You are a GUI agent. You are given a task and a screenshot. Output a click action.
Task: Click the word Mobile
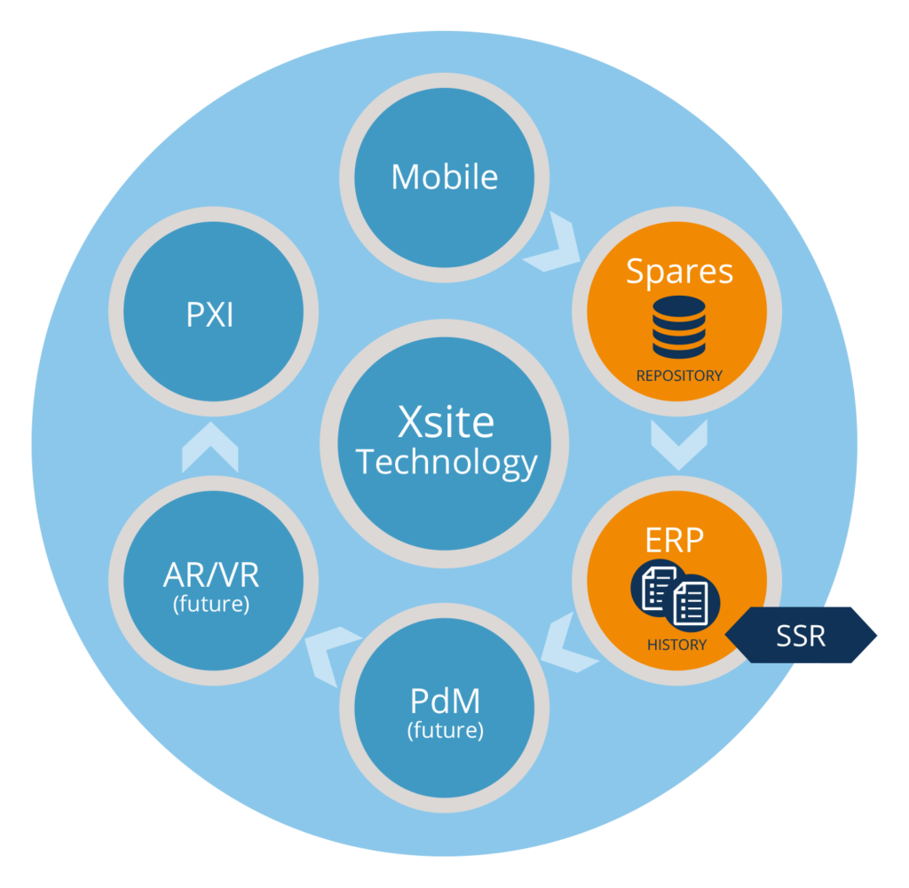click(444, 177)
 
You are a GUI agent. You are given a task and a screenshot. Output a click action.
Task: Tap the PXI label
click(210, 315)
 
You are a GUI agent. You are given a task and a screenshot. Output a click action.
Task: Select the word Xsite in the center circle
click(446, 422)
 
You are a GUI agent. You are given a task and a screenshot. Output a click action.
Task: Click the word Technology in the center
click(447, 464)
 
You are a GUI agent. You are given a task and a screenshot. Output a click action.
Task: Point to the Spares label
click(679, 271)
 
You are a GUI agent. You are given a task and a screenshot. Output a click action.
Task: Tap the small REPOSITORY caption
click(679, 376)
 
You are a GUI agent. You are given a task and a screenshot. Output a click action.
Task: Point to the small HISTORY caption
click(676, 645)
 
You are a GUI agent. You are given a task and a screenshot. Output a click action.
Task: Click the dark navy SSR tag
click(802, 636)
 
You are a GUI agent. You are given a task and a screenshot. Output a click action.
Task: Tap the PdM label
click(445, 702)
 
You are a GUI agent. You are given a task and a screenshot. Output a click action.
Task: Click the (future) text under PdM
click(445, 732)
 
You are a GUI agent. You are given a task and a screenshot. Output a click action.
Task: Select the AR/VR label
click(211, 575)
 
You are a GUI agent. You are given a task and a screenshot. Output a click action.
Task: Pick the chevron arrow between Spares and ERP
click(679, 444)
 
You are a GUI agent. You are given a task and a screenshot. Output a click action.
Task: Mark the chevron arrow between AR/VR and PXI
click(210, 448)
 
